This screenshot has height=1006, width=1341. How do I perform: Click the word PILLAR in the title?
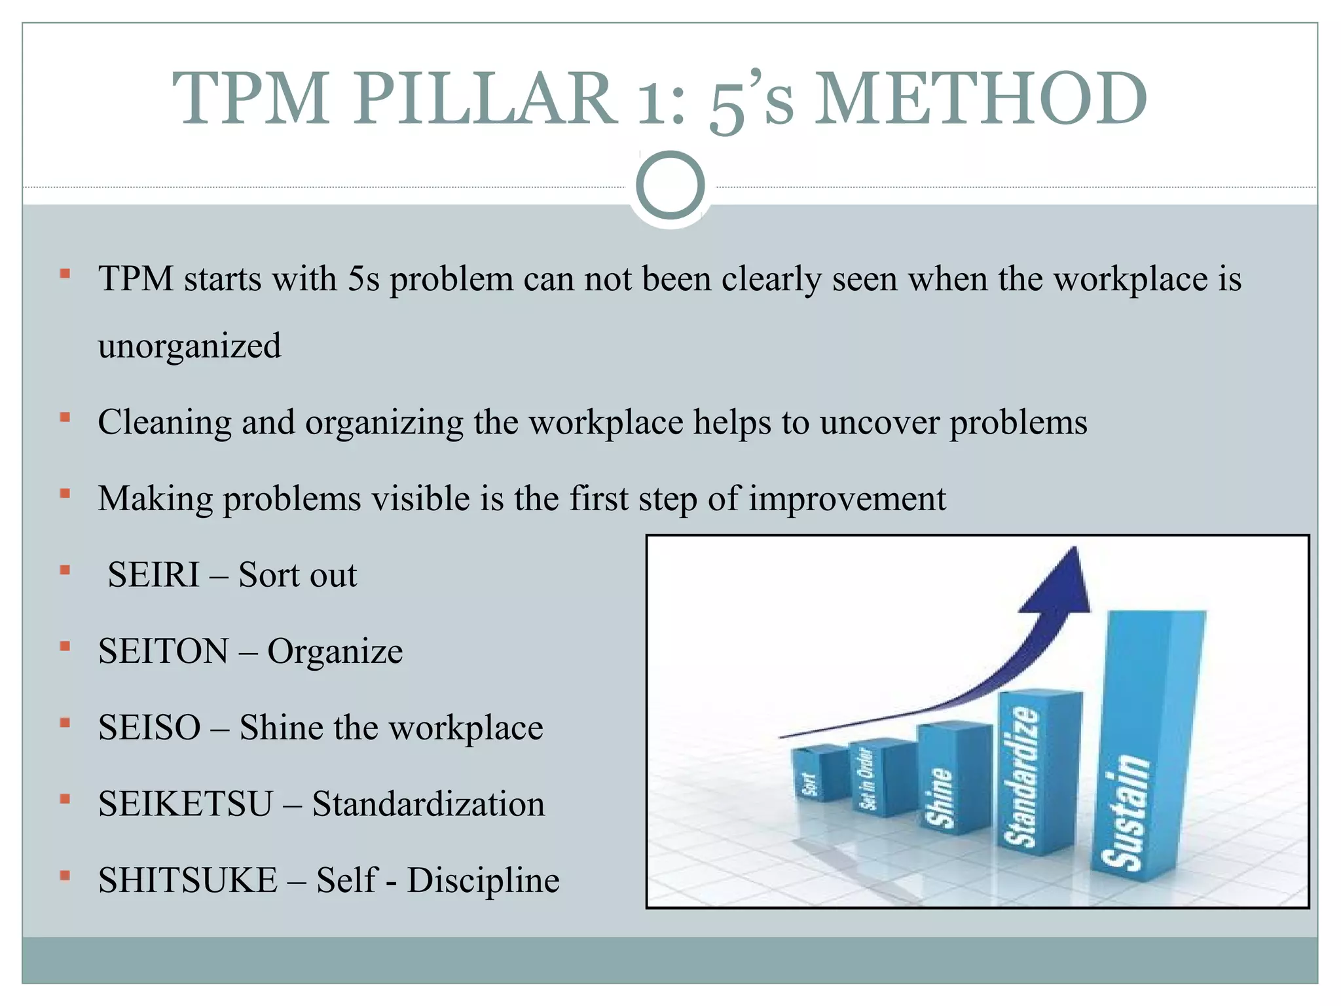click(x=485, y=98)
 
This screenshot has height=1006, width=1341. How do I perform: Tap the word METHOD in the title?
click(x=980, y=98)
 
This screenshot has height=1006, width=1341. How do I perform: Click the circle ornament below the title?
click(x=670, y=185)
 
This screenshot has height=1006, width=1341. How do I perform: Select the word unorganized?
click(x=189, y=346)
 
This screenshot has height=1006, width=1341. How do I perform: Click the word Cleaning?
click(x=164, y=422)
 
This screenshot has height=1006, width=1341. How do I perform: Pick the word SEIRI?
click(x=153, y=575)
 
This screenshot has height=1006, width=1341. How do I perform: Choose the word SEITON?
click(x=164, y=651)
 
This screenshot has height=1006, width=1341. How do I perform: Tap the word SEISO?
click(x=149, y=728)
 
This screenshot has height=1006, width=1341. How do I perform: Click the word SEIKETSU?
click(x=185, y=804)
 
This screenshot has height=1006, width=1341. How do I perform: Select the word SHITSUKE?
click(x=188, y=880)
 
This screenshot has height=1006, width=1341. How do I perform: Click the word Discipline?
click(x=483, y=880)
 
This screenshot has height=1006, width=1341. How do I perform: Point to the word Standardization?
click(x=428, y=804)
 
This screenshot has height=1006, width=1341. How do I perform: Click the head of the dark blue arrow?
click(x=1064, y=583)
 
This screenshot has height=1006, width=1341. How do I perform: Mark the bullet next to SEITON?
click(x=65, y=647)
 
